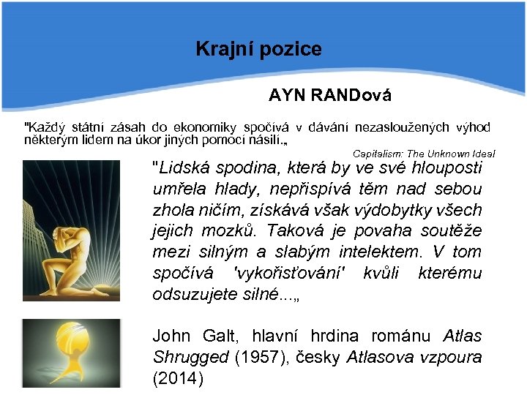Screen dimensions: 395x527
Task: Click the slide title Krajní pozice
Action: click(258, 49)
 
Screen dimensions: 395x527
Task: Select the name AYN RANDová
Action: click(329, 95)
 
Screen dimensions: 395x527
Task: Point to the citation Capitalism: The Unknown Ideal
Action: click(424, 154)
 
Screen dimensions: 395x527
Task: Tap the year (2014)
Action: click(176, 380)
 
